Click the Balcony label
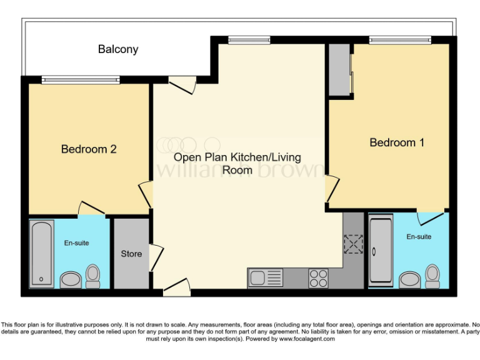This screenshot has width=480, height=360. pyautogui.click(x=118, y=49)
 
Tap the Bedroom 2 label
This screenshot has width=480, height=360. pyautogui.click(x=89, y=149)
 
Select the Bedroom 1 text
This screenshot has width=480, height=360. pyautogui.click(x=397, y=142)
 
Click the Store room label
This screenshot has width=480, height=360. pyautogui.click(x=131, y=254)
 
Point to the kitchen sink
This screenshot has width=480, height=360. pyautogui.click(x=265, y=277)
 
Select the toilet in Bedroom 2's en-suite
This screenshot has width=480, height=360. pyautogui.click(x=93, y=276)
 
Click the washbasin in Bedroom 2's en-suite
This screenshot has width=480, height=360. pyautogui.click(x=71, y=279)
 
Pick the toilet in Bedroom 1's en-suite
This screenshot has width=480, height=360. pyautogui.click(x=432, y=275)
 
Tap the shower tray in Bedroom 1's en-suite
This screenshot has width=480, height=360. pyautogui.click(x=381, y=250)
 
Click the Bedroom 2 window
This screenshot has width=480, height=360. pyautogui.click(x=81, y=79)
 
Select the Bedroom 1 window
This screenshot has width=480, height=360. pyautogui.click(x=400, y=40)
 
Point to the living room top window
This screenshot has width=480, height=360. pyautogui.click(x=249, y=40)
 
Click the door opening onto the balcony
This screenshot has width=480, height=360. pyautogui.click(x=182, y=86)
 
